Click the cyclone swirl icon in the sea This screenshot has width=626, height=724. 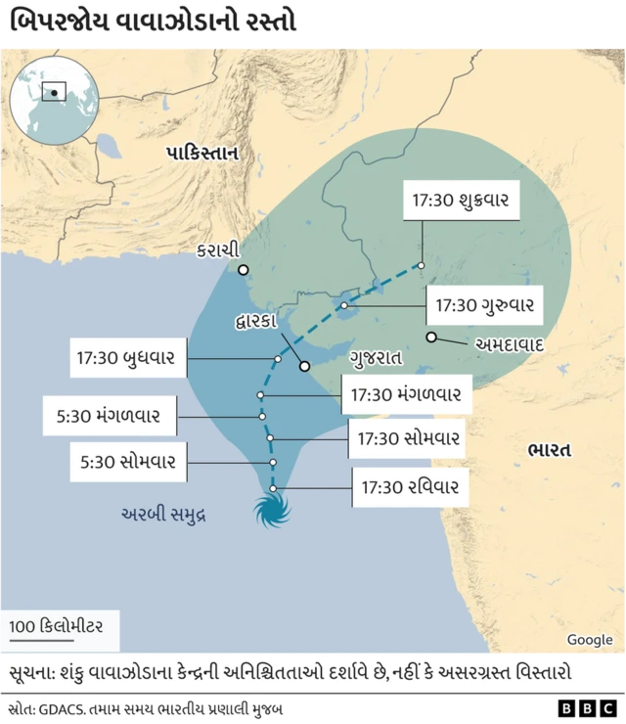tap(273, 511)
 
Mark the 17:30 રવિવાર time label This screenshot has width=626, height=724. tap(409, 485)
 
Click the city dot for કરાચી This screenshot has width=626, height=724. tap(243, 269)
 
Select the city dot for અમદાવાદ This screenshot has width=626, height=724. tap(431, 338)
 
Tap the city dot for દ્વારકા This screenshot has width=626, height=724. tap(304, 366)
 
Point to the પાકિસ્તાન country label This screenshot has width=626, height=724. tap(202, 154)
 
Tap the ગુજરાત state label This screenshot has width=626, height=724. tap(377, 358)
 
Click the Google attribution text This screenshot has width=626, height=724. tap(590, 640)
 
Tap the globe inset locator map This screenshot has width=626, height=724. tap(54, 94)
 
